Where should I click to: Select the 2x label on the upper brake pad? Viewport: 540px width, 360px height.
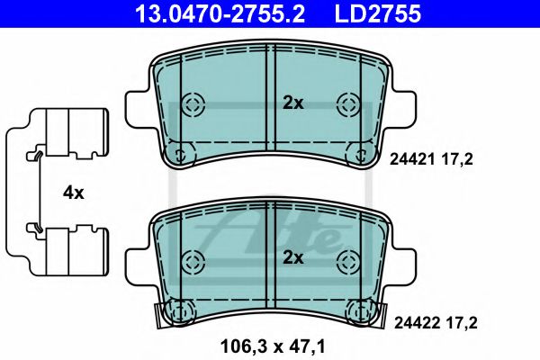click(x=293, y=103)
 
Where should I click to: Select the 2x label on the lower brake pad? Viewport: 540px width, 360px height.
click(x=293, y=257)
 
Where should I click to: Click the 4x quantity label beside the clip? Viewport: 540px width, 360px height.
click(x=74, y=192)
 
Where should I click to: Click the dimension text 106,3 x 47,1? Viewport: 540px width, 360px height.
click(x=272, y=343)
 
